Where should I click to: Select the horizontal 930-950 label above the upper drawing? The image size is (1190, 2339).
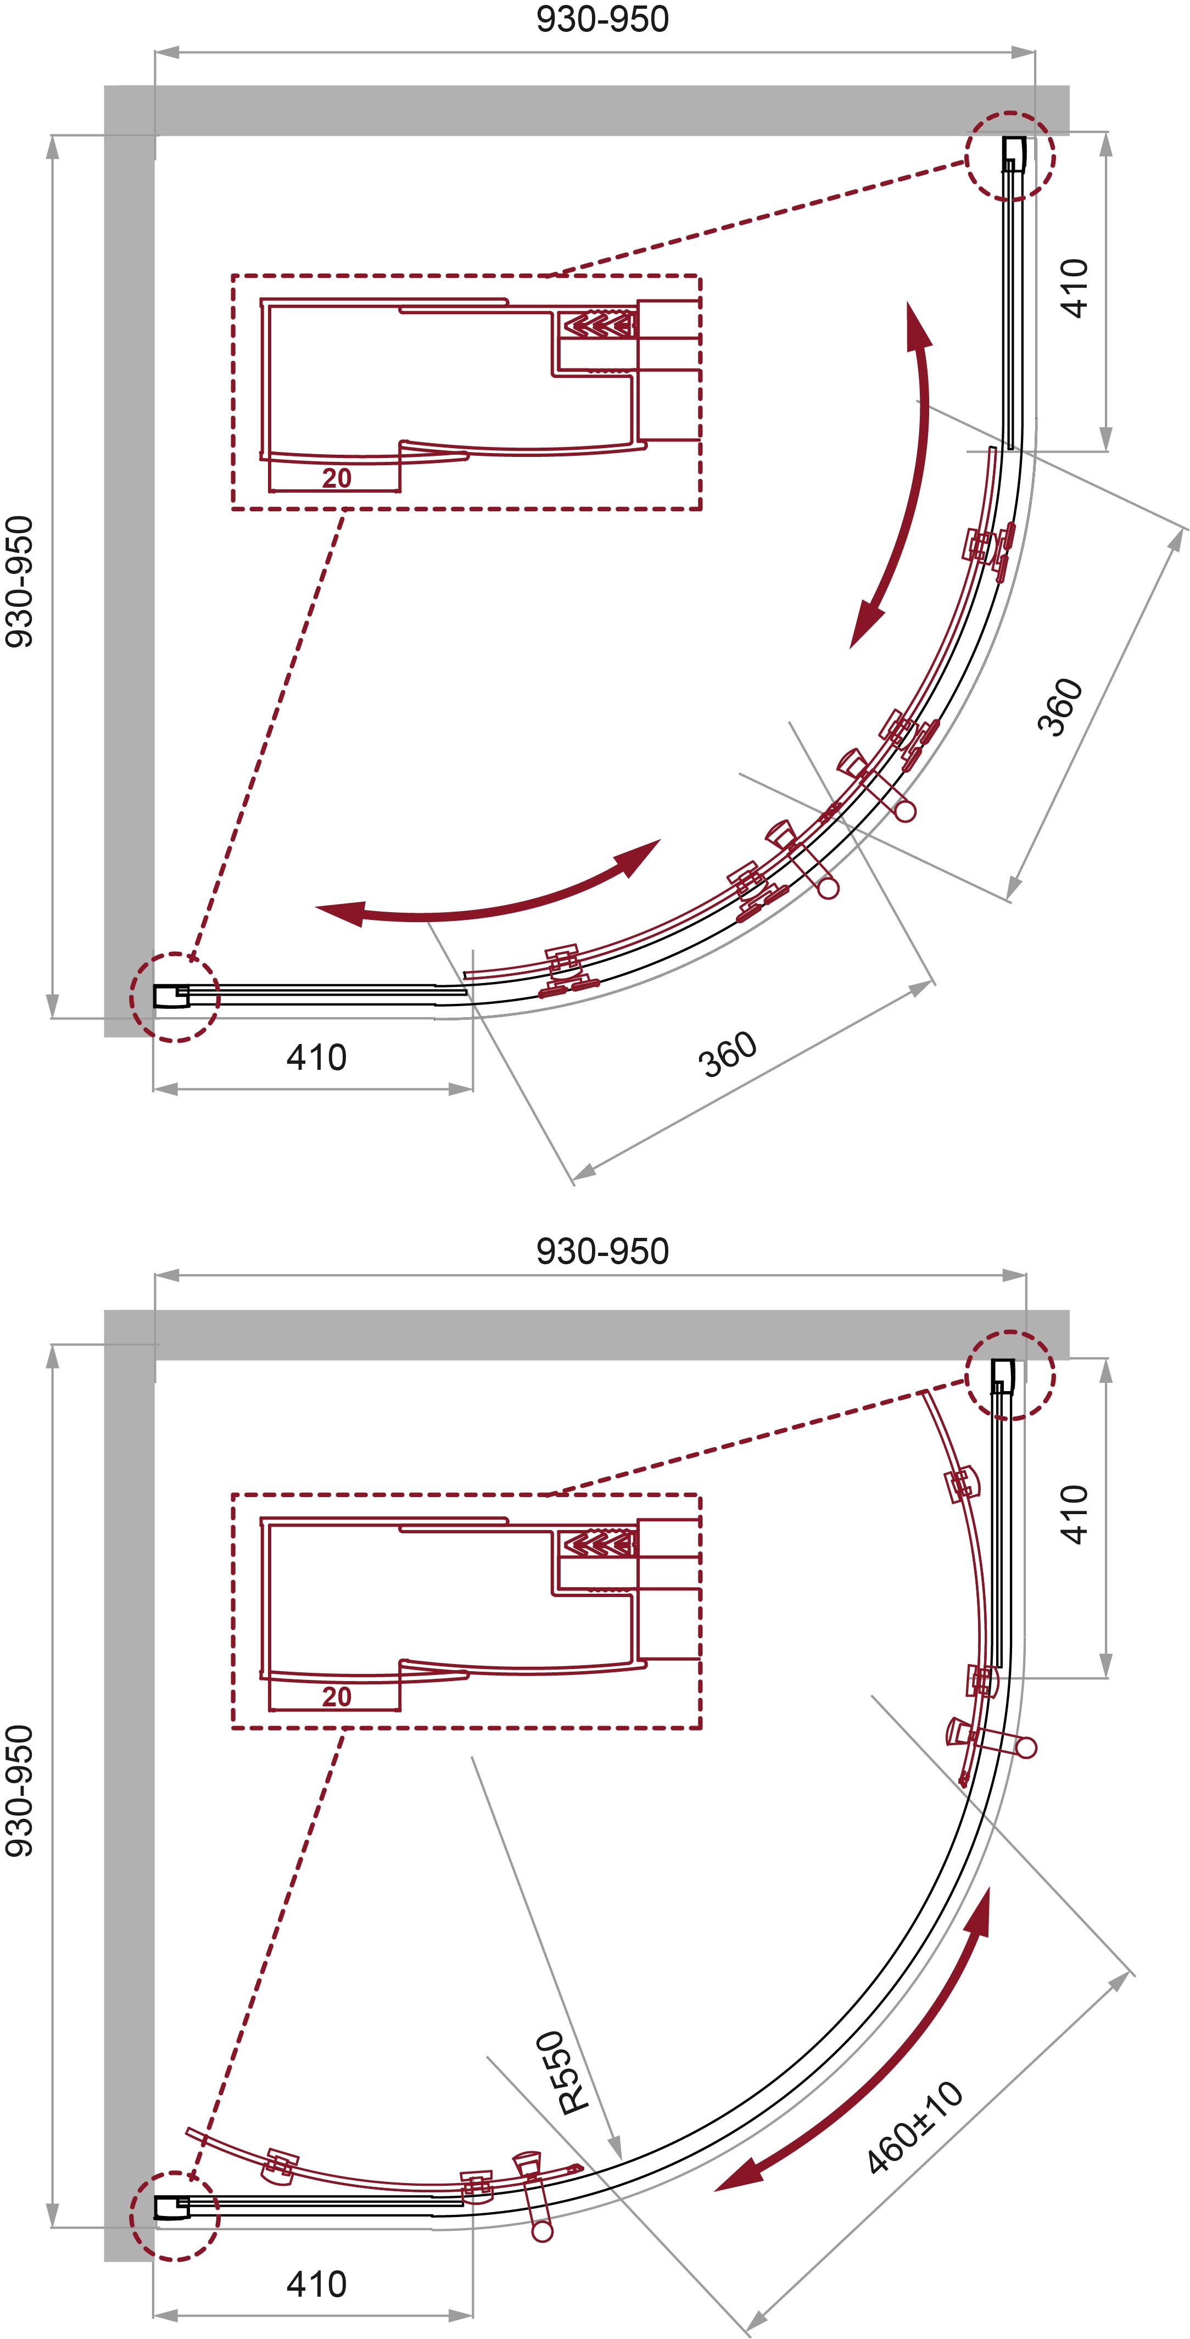pyautogui.click(x=603, y=19)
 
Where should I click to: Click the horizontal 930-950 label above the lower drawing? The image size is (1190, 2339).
pyautogui.click(x=603, y=1251)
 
